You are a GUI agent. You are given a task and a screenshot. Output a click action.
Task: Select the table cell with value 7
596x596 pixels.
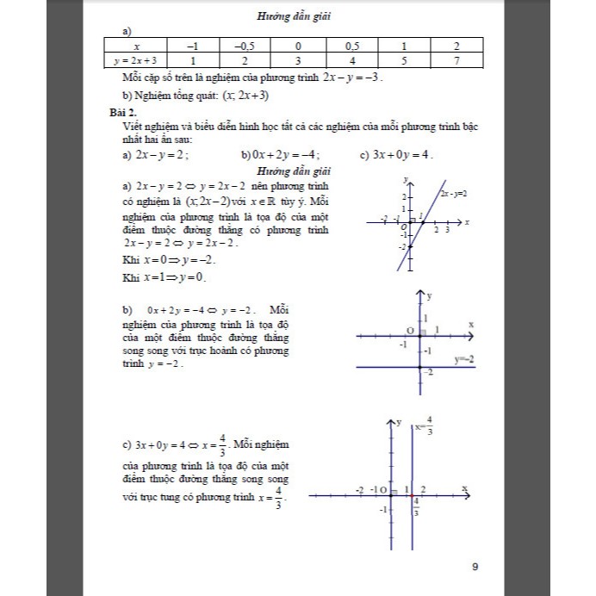pyautogui.click(x=457, y=60)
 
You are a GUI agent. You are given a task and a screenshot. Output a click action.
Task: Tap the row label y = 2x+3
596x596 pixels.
pyautogui.click(x=137, y=60)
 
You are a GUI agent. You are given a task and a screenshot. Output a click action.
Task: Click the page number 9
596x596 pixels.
pyautogui.click(x=477, y=567)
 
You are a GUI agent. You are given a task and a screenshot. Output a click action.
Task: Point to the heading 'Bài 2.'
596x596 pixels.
pyautogui.click(x=113, y=112)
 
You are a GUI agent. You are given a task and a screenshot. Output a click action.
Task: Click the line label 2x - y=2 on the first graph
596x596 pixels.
pyautogui.click(x=453, y=195)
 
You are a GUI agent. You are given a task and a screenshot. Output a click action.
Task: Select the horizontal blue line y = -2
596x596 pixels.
pyautogui.click(x=388, y=368)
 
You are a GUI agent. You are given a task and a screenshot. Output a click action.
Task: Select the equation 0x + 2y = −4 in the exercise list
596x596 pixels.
pyautogui.click(x=282, y=155)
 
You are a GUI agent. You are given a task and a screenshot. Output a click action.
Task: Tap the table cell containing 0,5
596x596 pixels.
pyautogui.click(x=351, y=46)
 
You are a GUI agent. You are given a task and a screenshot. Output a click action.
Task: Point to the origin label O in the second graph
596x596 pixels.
pyautogui.click(x=411, y=330)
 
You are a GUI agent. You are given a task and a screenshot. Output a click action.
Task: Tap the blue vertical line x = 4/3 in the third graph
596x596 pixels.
pyautogui.click(x=413, y=517)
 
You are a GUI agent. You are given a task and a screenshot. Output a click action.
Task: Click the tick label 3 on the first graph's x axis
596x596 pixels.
pyautogui.click(x=447, y=230)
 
